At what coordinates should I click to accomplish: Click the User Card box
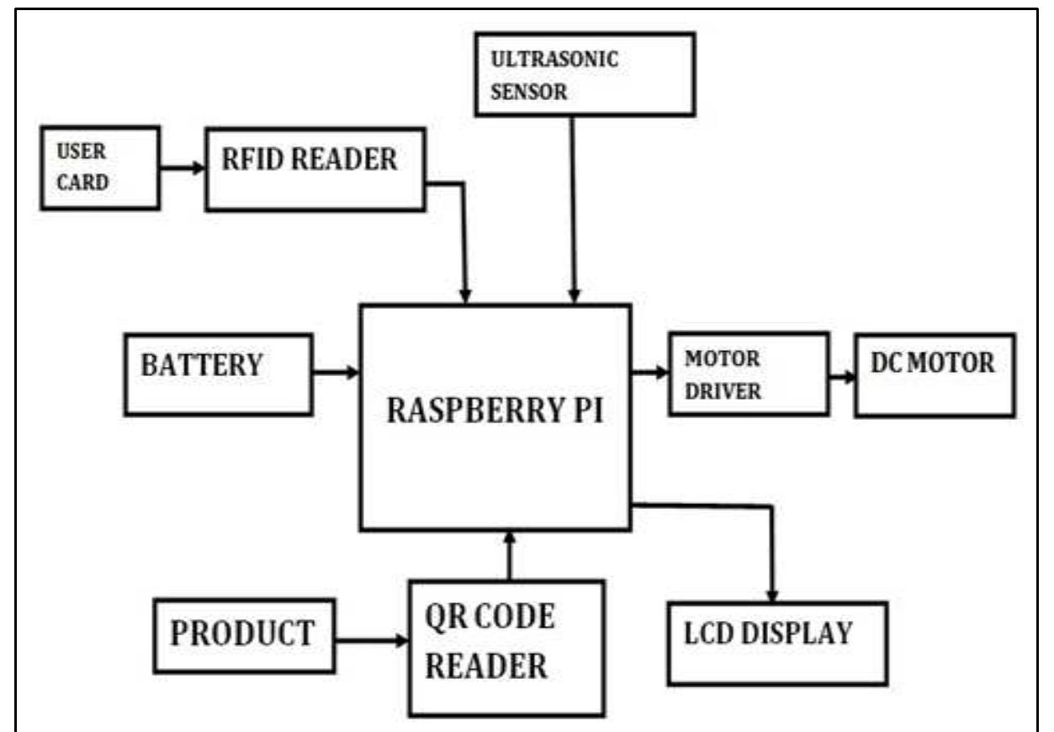click(x=99, y=167)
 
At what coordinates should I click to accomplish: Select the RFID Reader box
click(x=315, y=168)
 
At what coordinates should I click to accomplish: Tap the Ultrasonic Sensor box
click(x=585, y=74)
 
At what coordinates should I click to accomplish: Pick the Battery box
click(x=218, y=374)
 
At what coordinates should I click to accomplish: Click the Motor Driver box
click(x=748, y=374)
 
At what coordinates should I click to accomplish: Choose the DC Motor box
click(x=935, y=374)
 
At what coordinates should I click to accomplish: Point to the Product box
click(x=244, y=635)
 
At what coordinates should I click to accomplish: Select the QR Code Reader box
click(x=506, y=648)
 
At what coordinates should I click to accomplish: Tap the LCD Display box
click(x=777, y=643)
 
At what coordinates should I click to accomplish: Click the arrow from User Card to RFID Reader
click(x=183, y=168)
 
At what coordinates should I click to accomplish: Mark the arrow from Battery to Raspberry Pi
click(x=336, y=371)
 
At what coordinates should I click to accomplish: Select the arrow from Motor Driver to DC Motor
click(x=841, y=376)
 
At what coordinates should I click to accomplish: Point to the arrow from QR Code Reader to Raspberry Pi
click(x=510, y=556)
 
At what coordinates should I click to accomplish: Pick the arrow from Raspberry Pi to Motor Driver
click(x=649, y=371)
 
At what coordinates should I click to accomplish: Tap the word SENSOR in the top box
click(x=529, y=92)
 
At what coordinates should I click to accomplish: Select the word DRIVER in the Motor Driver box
click(x=722, y=392)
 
